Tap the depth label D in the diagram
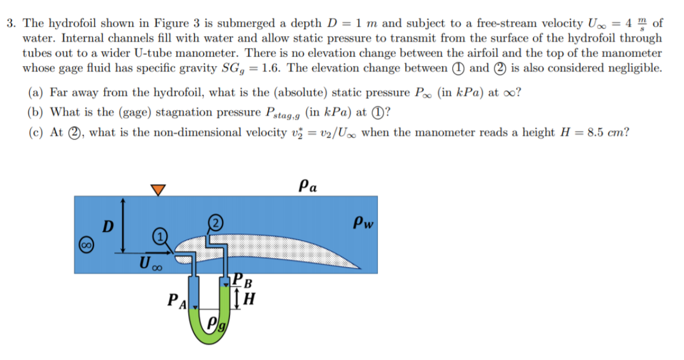coord(109,227)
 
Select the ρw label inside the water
coord(363,222)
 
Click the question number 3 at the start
coord(10,24)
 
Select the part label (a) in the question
coord(35,92)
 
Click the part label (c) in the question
coord(35,133)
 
